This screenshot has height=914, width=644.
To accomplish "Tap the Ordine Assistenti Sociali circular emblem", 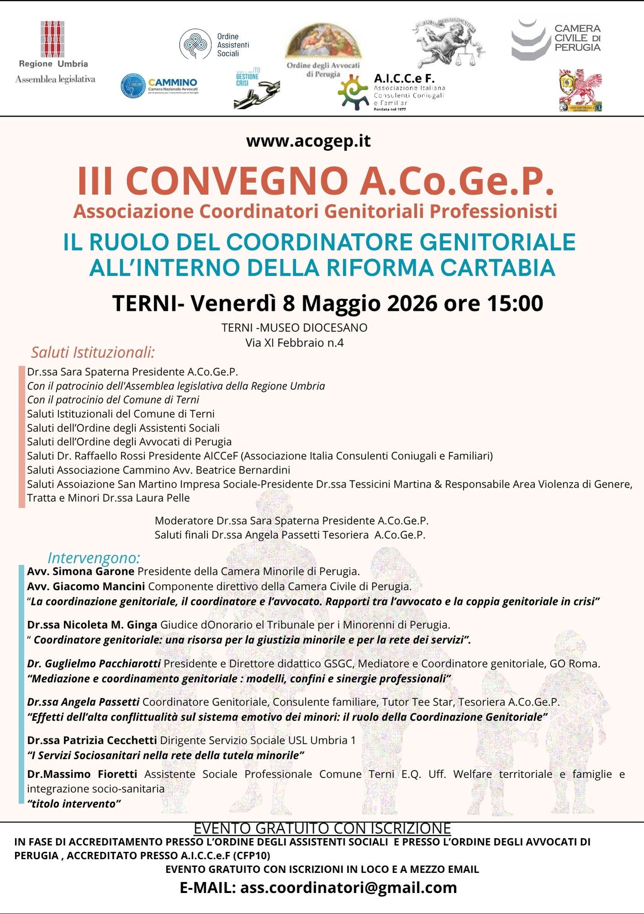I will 195,44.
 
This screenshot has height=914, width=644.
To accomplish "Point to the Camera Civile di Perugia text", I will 577,38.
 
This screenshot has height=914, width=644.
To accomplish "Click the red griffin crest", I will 580,90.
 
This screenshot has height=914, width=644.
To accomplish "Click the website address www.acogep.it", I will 309,141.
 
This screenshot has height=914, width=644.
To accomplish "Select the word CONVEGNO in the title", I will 237,181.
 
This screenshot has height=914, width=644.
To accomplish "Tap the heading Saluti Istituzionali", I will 93,352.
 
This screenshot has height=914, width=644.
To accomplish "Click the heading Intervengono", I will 94,558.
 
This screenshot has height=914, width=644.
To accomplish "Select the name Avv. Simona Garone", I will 80,571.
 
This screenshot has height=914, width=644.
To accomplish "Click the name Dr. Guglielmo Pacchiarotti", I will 94,664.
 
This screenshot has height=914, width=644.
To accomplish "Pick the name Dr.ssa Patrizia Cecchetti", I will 92,740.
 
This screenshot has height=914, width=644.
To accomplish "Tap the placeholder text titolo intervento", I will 74,804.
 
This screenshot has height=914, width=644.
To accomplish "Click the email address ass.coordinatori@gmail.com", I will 348,887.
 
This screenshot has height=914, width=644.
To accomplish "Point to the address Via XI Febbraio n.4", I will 294,343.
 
